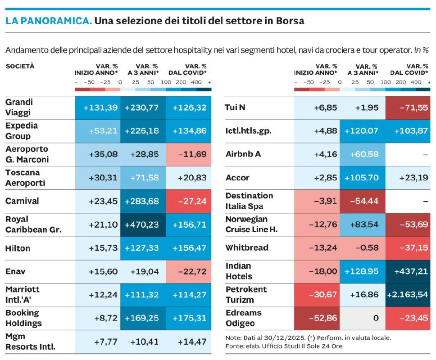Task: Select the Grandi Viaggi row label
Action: click(19, 108)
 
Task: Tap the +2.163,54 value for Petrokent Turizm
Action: click(408, 294)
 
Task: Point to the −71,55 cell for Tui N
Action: click(408, 108)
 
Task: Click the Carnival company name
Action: click(22, 201)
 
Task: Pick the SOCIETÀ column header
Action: click(20, 66)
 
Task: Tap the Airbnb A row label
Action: click(243, 154)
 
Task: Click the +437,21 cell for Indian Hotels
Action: click(408, 271)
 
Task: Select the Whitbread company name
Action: click(247, 247)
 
